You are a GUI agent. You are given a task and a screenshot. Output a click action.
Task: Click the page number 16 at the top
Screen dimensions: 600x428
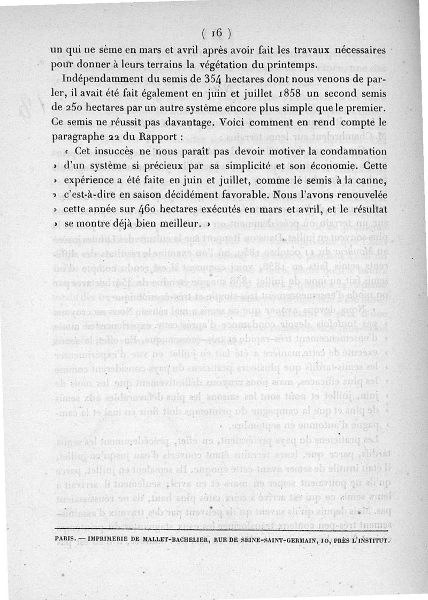[216, 33]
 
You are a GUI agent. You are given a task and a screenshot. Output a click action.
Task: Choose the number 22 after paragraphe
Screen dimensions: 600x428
[112, 137]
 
